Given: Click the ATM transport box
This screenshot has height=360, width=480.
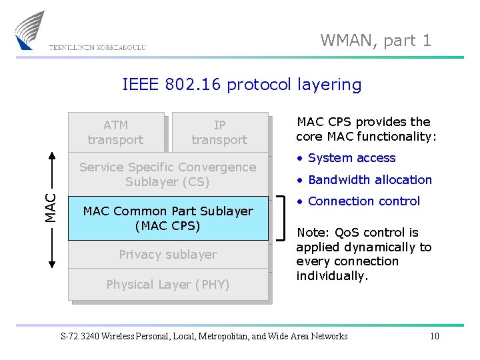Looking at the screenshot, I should tap(115, 132).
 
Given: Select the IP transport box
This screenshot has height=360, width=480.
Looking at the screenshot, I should tap(219, 132).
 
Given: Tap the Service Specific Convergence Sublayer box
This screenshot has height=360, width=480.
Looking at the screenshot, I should tap(167, 174).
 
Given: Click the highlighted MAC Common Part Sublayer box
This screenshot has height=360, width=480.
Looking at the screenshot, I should tap(167, 218).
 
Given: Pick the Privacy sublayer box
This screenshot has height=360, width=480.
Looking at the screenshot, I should tap(167, 254).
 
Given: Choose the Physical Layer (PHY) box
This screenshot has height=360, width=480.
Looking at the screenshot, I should tap(167, 285).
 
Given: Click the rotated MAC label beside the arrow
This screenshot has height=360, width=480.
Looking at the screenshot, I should tap(51, 207).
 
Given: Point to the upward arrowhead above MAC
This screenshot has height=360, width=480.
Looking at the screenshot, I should tap(51, 156).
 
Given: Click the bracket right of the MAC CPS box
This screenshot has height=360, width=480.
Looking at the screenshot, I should tap(283, 218).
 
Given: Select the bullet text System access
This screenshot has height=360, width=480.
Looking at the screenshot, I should tap(351, 158).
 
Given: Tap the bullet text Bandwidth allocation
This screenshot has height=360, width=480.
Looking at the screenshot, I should tap(369, 179).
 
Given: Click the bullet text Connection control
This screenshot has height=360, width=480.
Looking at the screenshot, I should tap(363, 201).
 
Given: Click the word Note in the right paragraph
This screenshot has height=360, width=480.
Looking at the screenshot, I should tap(311, 233).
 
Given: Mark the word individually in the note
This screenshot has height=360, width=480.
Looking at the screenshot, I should tap(332, 275).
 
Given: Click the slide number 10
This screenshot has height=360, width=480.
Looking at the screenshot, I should tap(434, 336).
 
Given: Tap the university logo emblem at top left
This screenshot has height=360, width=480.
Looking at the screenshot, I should tap(30, 30).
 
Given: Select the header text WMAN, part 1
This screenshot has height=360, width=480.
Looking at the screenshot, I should tap(375, 41).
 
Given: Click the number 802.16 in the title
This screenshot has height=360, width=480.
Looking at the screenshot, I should tap(195, 85).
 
